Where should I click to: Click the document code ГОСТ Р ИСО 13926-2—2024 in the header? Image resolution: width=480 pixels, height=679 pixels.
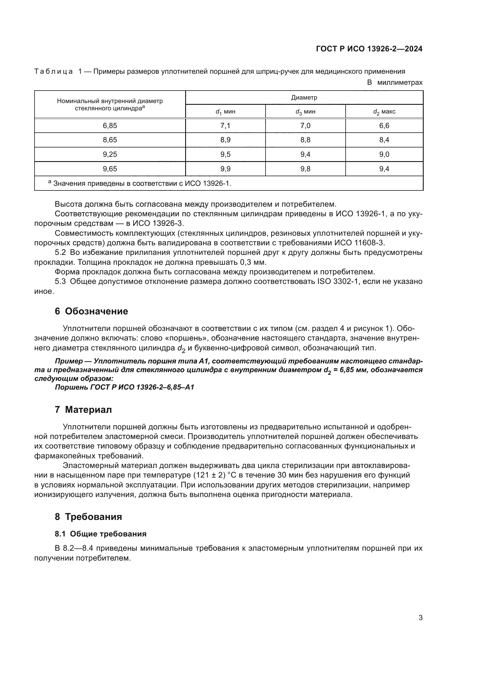click(x=369, y=49)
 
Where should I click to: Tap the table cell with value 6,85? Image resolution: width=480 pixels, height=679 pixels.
click(x=110, y=126)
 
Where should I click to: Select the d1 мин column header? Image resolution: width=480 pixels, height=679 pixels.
click(x=225, y=112)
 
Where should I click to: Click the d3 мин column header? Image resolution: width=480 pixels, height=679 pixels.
click(x=305, y=112)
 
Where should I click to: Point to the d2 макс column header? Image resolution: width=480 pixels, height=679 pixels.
click(x=384, y=112)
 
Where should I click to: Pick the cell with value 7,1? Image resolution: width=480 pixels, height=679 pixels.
click(x=225, y=126)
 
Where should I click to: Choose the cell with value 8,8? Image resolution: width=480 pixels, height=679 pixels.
click(x=305, y=140)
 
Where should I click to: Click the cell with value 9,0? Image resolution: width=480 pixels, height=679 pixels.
click(x=384, y=154)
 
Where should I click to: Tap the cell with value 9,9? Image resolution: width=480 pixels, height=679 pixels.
click(x=225, y=169)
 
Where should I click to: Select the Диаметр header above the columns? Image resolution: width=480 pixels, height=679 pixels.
click(x=304, y=98)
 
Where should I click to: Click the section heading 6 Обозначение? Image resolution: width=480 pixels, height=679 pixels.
click(x=91, y=311)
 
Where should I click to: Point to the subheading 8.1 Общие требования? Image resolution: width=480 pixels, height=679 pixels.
click(x=100, y=534)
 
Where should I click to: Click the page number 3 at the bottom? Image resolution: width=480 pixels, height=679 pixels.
click(x=420, y=618)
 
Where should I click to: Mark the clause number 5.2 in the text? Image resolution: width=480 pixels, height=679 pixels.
click(x=60, y=253)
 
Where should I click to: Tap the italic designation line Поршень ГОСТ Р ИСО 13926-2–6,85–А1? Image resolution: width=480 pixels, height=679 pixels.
click(x=124, y=387)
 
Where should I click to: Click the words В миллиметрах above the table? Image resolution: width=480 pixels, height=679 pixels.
click(x=395, y=82)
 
